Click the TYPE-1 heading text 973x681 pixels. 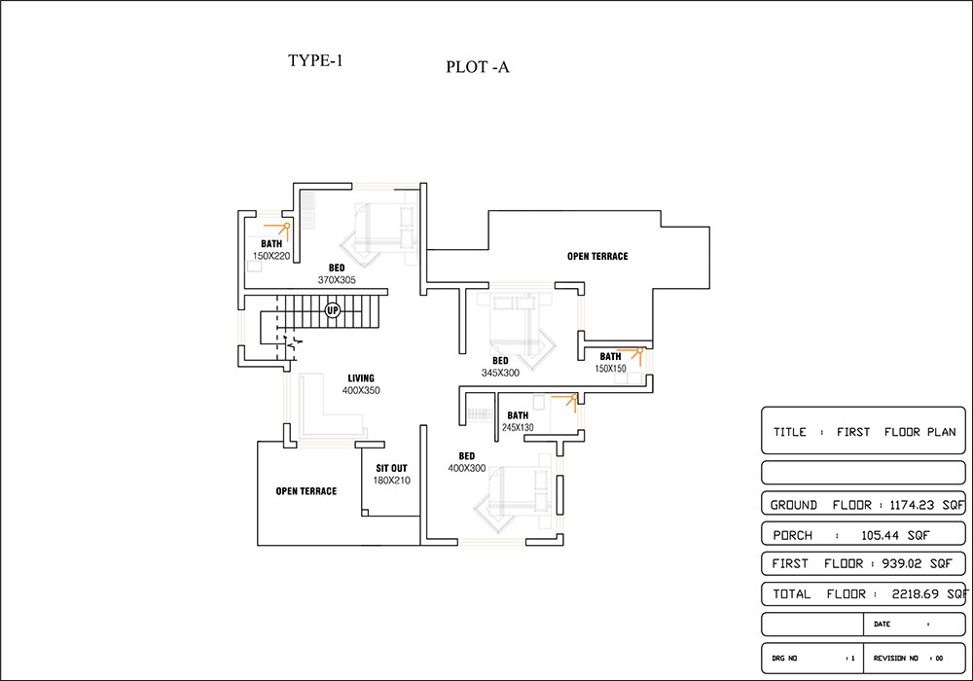coord(315,60)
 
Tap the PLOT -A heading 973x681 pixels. coord(477,67)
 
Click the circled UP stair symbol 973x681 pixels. coord(333,310)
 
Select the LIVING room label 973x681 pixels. coord(361,378)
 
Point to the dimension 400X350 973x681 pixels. coord(361,391)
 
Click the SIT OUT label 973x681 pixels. coord(391,468)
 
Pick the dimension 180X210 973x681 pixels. coord(391,481)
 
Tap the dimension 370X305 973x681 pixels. coord(337,280)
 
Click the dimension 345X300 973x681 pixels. coord(500,373)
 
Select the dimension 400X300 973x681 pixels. coord(467,468)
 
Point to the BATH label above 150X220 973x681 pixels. coord(271,244)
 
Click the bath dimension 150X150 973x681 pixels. coord(611,369)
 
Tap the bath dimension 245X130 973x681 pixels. coord(518,427)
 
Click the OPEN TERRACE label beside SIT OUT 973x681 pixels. coord(306,491)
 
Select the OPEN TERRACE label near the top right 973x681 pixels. coord(597,256)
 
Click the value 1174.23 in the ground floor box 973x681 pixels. coord(912,505)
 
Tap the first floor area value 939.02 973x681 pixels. coord(903,564)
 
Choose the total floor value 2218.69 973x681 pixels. coord(916,594)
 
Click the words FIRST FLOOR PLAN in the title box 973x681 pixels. coord(896,432)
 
